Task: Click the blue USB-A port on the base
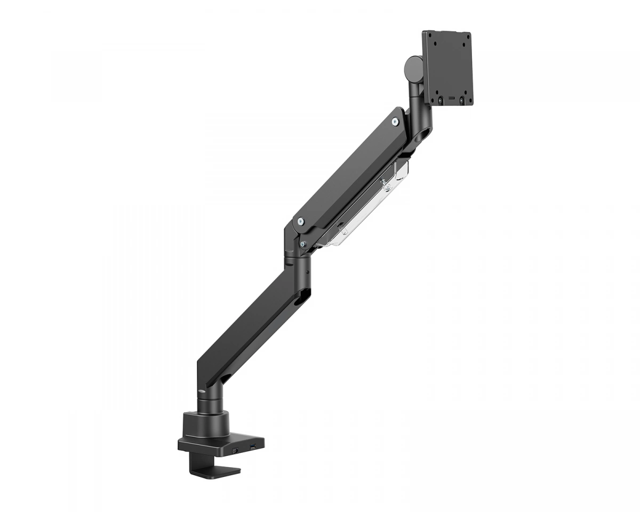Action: pos(252,445)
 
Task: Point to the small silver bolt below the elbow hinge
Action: pos(302,244)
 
